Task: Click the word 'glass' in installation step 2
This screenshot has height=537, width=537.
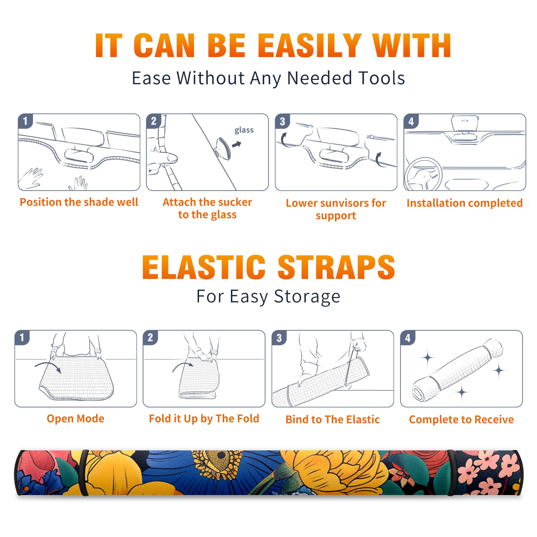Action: coord(244,130)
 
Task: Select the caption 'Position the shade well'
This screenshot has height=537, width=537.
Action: coord(79,202)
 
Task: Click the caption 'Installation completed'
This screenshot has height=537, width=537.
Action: coord(465,203)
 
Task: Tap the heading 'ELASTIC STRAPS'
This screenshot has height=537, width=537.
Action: coord(268,267)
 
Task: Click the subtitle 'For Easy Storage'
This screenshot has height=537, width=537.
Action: coord(268,297)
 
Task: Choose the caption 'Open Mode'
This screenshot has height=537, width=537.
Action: coord(76,419)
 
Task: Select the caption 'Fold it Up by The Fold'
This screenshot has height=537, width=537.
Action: coord(204,419)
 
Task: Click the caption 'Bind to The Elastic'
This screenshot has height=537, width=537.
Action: coord(333,420)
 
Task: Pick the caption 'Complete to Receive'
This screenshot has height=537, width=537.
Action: coord(461,420)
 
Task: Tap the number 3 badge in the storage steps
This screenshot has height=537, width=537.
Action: coord(279,338)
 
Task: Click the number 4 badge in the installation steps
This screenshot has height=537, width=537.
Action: coord(411,121)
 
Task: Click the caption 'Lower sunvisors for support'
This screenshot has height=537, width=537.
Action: coord(336,209)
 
